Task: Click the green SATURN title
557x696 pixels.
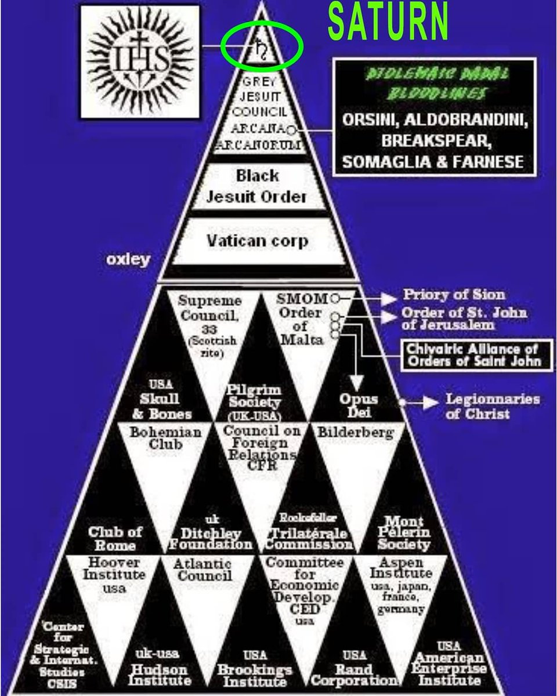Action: point(388,21)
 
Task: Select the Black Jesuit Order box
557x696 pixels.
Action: point(256,186)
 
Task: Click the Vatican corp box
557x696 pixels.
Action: point(258,240)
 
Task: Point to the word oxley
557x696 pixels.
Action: point(128,259)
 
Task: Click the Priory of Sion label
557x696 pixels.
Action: point(454,295)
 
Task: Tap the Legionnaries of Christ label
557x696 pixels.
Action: point(492,406)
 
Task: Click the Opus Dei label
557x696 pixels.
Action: point(359,405)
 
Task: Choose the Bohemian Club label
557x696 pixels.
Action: point(166,438)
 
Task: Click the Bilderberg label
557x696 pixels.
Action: point(355,432)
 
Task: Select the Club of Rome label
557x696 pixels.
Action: point(116,538)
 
